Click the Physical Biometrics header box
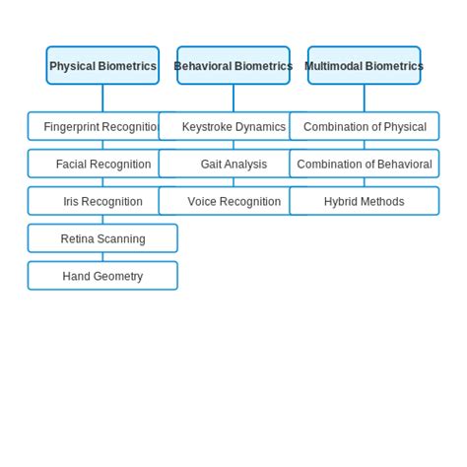click(x=102, y=66)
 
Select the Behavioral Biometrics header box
click(x=233, y=66)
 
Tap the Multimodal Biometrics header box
click(x=364, y=66)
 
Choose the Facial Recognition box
click(x=102, y=165)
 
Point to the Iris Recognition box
click(x=102, y=202)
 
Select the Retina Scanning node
click(x=102, y=239)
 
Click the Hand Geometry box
click(x=102, y=277)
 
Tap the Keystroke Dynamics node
click(x=233, y=127)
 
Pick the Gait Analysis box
click(x=233, y=165)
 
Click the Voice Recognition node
click(x=233, y=202)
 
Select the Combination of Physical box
click(x=365, y=127)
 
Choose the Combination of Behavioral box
click(x=365, y=165)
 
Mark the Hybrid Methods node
click(x=365, y=202)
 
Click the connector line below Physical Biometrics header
click(x=102, y=99)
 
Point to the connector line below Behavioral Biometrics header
click(x=233, y=99)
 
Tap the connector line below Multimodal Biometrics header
click(x=365, y=99)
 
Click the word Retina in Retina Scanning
click(x=78, y=239)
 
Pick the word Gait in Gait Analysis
click(x=212, y=165)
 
